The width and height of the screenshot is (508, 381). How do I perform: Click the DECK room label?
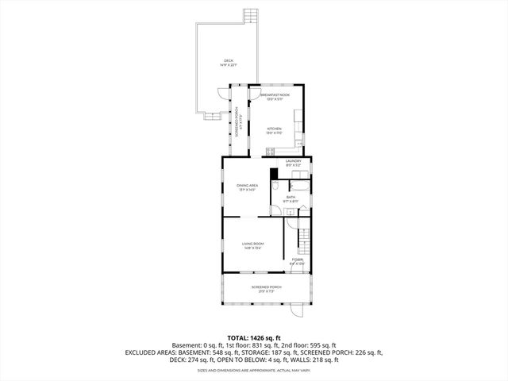tap(229, 61)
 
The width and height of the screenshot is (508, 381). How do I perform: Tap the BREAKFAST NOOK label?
tap(275, 95)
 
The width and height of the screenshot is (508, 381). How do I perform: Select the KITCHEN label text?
tap(274, 129)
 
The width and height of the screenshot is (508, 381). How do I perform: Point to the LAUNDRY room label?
tap(294, 161)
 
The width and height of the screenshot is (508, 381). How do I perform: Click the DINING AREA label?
tap(246, 187)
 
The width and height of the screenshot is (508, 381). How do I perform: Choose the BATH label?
tap(291, 198)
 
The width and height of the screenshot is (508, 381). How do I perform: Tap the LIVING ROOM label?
tap(252, 244)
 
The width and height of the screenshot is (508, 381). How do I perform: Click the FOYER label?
tap(297, 260)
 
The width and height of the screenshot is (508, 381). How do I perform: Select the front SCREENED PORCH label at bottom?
tap(267, 289)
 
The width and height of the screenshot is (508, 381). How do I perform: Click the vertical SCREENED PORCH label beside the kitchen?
tap(237, 123)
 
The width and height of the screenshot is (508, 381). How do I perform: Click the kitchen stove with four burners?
tap(271, 151)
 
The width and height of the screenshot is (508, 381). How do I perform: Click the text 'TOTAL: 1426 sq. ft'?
tap(254, 337)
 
